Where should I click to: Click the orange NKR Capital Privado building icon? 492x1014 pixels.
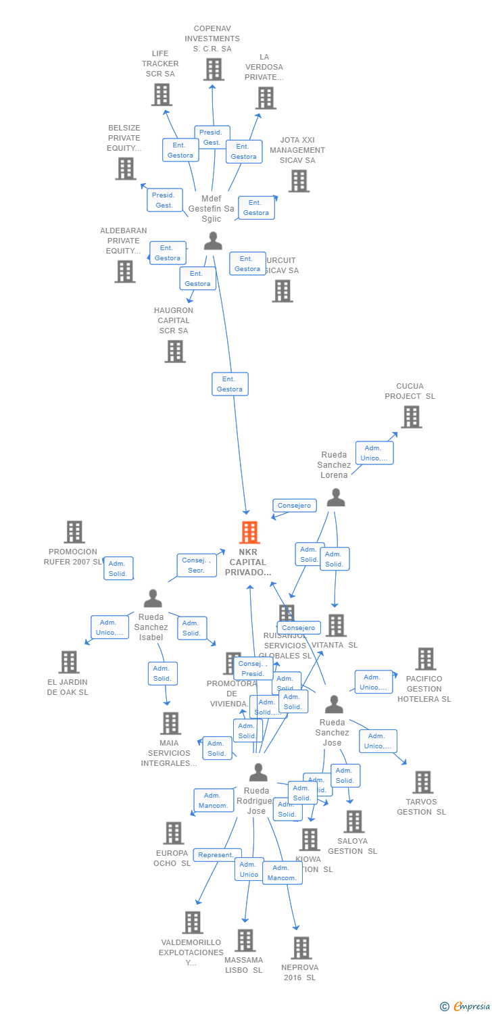[x=249, y=533]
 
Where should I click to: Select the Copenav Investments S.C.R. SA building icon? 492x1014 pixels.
[x=214, y=69]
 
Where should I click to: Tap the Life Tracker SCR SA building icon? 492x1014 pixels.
[x=162, y=95]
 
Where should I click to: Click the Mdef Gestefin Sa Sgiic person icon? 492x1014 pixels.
[x=213, y=241]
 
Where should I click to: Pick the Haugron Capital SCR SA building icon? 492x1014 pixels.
[x=175, y=352]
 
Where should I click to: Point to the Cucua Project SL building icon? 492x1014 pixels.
[x=411, y=417]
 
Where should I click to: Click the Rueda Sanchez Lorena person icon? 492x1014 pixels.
[x=336, y=498]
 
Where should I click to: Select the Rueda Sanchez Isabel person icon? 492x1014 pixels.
[x=153, y=598]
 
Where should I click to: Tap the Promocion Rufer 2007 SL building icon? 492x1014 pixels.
[x=74, y=532]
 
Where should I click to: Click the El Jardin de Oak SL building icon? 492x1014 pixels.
[x=69, y=662]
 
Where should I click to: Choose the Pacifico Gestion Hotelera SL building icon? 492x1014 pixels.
[x=426, y=658]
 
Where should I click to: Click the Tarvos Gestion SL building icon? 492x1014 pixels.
[x=422, y=782]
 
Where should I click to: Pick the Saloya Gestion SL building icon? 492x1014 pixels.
[x=353, y=821]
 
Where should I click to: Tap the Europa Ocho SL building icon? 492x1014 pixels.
[x=173, y=833]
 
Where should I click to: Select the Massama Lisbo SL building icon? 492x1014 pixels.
[x=245, y=940]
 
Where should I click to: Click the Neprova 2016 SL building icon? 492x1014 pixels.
[x=301, y=948]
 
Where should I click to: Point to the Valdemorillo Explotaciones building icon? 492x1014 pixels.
[x=193, y=922]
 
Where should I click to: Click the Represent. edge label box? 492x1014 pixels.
[x=216, y=855]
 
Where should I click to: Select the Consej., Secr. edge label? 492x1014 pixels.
[x=197, y=565]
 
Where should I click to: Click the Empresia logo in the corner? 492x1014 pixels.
[x=466, y=1007]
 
